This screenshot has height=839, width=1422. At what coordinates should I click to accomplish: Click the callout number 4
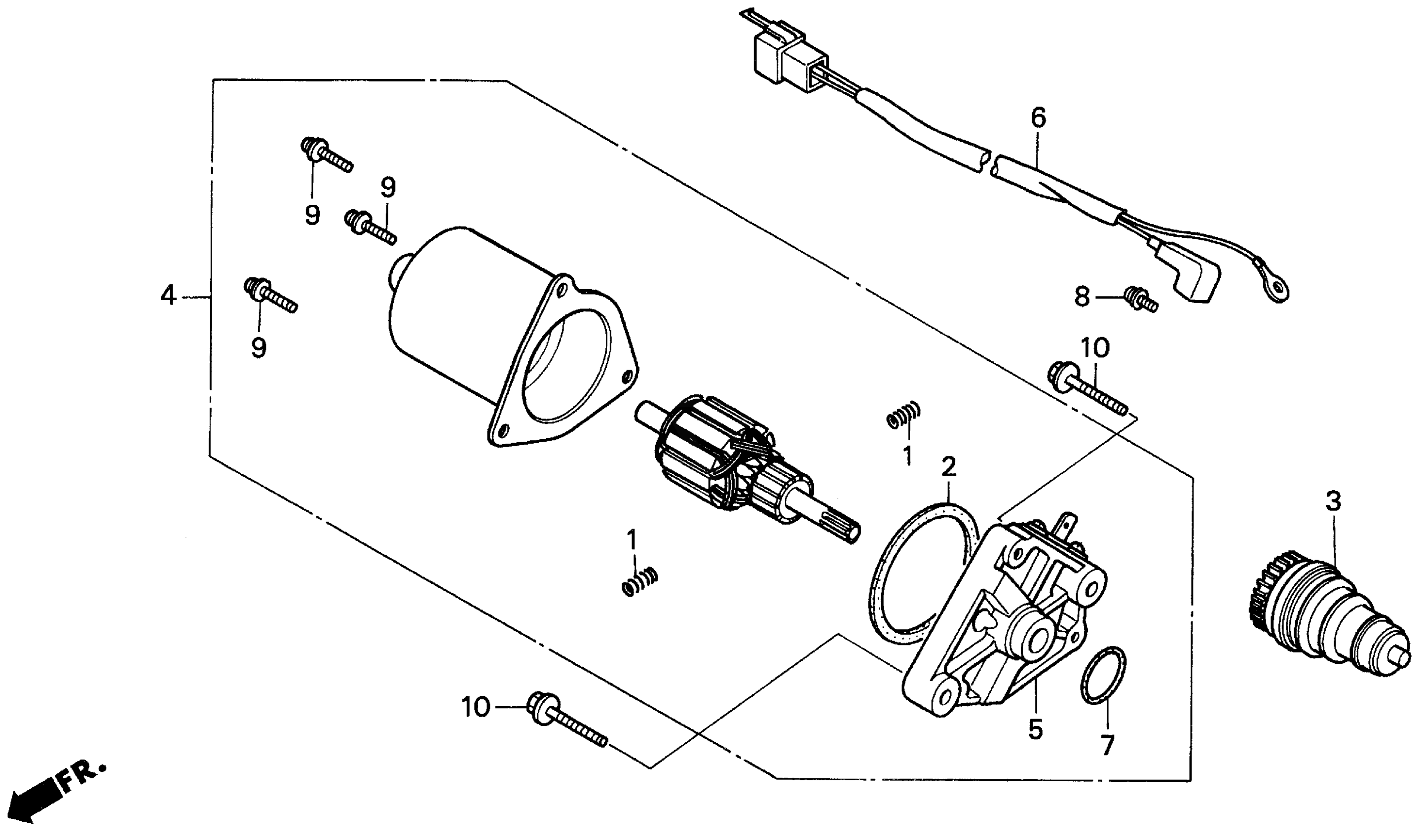[x=168, y=296]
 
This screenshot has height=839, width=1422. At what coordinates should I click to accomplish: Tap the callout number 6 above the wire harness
[x=1038, y=117]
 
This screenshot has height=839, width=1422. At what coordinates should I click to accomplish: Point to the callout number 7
[x=1106, y=745]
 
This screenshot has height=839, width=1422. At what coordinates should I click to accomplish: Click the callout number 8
[x=1082, y=297]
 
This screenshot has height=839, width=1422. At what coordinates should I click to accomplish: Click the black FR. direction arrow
[x=42, y=797]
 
